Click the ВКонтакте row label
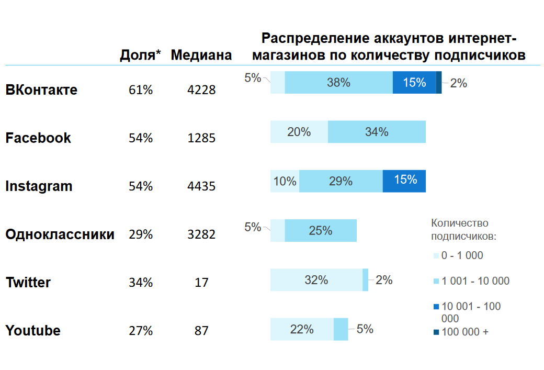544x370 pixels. (41, 89)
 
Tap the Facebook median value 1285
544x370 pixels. (201, 138)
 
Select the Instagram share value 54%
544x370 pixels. (141, 186)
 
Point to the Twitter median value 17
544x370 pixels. (201, 283)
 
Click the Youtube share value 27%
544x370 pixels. (141, 331)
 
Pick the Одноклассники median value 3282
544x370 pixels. (201, 234)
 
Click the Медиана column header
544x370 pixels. (201, 55)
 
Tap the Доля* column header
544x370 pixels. (141, 55)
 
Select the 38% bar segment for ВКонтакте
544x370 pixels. (338, 83)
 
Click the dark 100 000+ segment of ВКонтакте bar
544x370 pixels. (439, 83)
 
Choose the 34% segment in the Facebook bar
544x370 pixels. (377, 132)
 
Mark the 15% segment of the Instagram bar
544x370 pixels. (404, 181)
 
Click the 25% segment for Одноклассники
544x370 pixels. (321, 230)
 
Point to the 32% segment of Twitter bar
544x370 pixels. (316, 280)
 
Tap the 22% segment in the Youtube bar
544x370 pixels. (302, 329)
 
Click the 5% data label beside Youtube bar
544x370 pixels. (365, 329)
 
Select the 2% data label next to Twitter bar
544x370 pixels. (384, 280)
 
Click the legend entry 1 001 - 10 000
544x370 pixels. (475, 281)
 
